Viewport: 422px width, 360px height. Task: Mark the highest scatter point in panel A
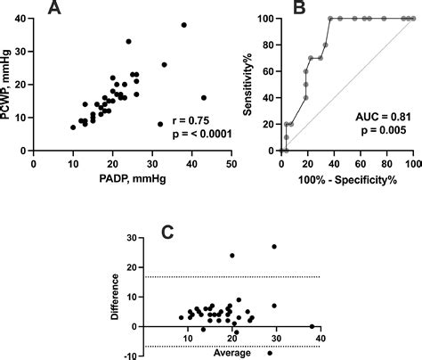coord(184,25)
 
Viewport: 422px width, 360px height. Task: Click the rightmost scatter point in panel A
coord(204,98)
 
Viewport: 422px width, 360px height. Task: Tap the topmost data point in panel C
coord(274,247)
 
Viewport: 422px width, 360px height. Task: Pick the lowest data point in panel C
coord(270,353)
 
